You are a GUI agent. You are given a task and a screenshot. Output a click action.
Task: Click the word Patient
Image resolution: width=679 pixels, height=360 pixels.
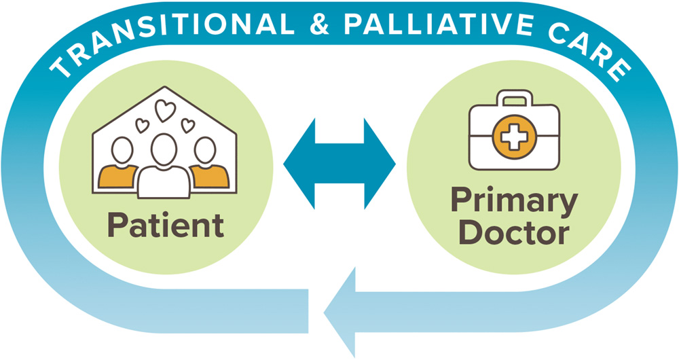[164, 225]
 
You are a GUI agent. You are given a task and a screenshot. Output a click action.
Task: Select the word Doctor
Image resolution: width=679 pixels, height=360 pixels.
[514, 233]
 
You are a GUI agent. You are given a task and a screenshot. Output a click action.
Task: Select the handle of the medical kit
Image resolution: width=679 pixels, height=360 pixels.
[514, 101]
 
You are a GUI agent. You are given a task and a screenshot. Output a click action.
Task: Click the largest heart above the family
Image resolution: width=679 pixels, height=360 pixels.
[165, 111]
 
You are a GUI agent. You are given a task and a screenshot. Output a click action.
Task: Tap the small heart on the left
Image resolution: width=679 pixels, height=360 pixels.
[143, 125]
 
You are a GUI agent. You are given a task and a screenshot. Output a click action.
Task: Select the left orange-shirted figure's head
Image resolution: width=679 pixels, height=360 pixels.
[122, 150]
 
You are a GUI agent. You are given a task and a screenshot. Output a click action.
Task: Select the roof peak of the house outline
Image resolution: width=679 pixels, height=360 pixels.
[165, 88]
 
